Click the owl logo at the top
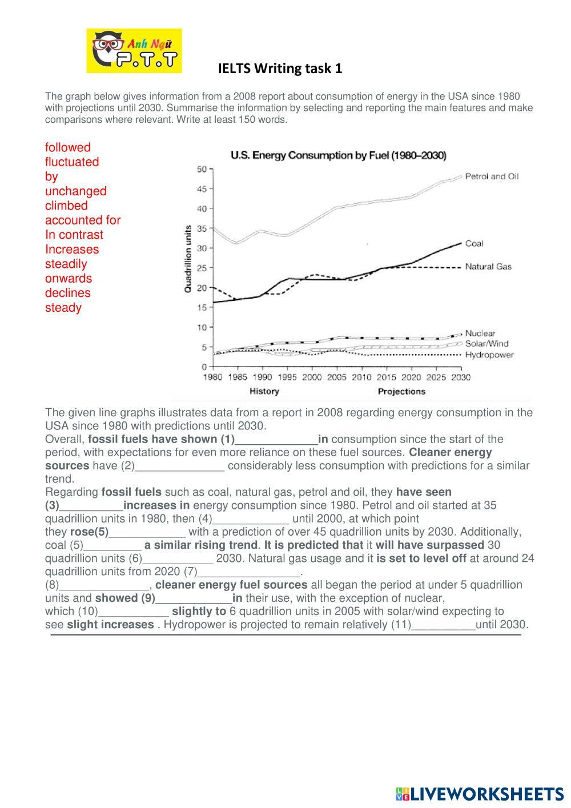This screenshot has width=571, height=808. click(134, 51)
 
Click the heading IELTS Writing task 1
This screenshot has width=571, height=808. click(280, 69)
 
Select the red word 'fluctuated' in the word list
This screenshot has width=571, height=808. click(72, 162)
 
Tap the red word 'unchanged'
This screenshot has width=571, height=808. click(76, 191)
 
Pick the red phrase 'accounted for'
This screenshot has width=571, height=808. click(83, 220)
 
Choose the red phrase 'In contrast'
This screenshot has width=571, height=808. click(74, 235)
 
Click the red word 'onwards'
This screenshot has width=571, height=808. click(69, 279)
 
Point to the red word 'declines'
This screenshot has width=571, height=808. click(68, 293)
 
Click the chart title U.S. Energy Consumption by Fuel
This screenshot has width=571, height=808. click(338, 155)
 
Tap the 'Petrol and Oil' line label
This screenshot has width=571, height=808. click(492, 176)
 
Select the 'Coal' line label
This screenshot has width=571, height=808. click(474, 244)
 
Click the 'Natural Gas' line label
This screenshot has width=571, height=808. click(488, 267)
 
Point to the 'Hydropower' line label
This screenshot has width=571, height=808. click(489, 355)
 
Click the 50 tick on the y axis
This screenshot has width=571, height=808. click(202, 169)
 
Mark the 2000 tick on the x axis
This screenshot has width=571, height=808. click(312, 377)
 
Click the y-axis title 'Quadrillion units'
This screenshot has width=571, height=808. click(188, 259)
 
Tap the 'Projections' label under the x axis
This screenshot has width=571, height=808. click(401, 392)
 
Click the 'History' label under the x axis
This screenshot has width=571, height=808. click(264, 392)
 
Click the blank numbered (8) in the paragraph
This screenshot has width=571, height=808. click(104, 585)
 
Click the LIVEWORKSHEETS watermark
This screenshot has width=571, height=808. click(480, 794)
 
